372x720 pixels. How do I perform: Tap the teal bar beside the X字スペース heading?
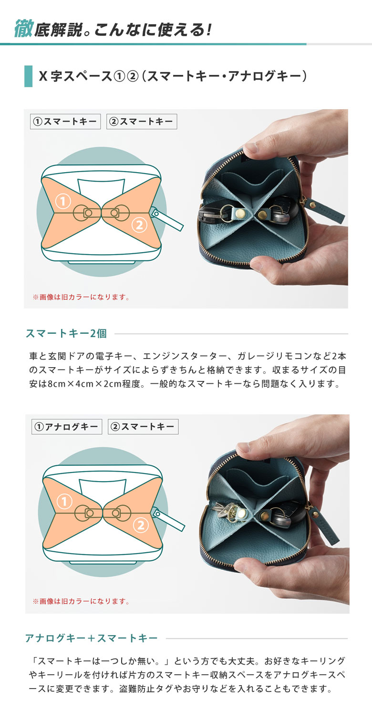click(x=28, y=76)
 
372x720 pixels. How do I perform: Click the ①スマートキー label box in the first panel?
click(x=65, y=122)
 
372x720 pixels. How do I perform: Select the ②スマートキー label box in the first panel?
click(x=142, y=122)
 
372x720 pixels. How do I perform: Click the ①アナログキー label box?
click(x=67, y=427)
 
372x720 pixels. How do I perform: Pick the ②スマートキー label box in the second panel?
click(x=143, y=427)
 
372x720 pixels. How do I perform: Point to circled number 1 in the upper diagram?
click(x=63, y=202)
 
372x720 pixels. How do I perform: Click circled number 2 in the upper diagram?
click(x=139, y=226)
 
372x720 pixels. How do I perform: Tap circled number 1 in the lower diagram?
click(x=64, y=502)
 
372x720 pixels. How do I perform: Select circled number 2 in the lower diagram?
click(x=141, y=525)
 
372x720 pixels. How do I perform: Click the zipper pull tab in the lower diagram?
click(x=168, y=519)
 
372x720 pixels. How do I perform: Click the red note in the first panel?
click(x=81, y=297)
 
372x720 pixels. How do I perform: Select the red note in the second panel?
click(x=81, y=601)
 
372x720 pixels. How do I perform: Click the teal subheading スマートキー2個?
click(x=66, y=334)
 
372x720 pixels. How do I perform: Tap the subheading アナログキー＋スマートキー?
click(x=91, y=638)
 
